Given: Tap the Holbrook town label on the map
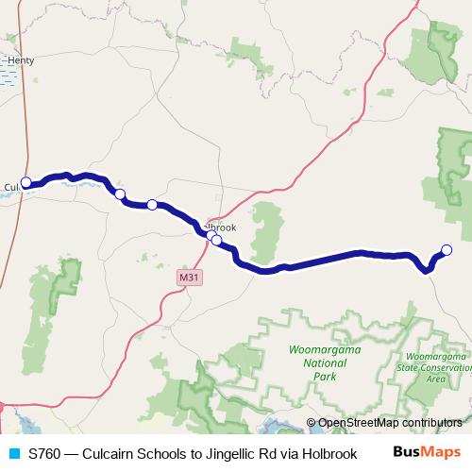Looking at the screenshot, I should pos(220,228).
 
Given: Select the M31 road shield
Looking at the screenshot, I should pos(189,278).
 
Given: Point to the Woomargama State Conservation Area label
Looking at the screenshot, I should pos(435,367).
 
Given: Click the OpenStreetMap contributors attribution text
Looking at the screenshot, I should pos(390,423).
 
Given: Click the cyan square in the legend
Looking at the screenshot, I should pos(13,453).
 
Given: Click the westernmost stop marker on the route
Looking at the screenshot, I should pos(26,182).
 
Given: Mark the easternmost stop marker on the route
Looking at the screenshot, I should pos(447,249).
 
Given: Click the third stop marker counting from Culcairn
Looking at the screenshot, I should pos(151,204).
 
